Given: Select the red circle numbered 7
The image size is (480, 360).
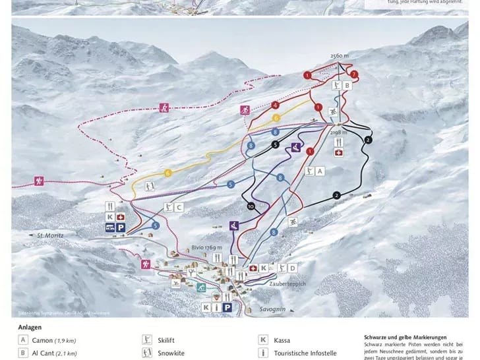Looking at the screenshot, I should coord(354,74).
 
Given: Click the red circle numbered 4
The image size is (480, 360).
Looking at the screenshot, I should coord(275,105).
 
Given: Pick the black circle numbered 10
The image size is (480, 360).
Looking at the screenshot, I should coord(251,206).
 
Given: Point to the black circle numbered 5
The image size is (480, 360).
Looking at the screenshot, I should coord(275,145).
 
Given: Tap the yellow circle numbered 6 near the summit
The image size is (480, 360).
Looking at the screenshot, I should coord(276,117).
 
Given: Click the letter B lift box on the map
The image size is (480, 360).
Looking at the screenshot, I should coord(347,85).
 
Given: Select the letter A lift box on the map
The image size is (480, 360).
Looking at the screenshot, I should coord(320,171).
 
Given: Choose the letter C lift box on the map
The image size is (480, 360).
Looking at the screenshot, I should coord(179,207).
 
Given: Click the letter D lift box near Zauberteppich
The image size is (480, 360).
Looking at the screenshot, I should coord(292,268).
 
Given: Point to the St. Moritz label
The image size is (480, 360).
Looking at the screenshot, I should coord(49,235).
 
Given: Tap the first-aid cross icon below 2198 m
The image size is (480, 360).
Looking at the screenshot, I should coord(339,153).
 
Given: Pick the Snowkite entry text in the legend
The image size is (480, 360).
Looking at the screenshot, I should coord(171,353).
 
